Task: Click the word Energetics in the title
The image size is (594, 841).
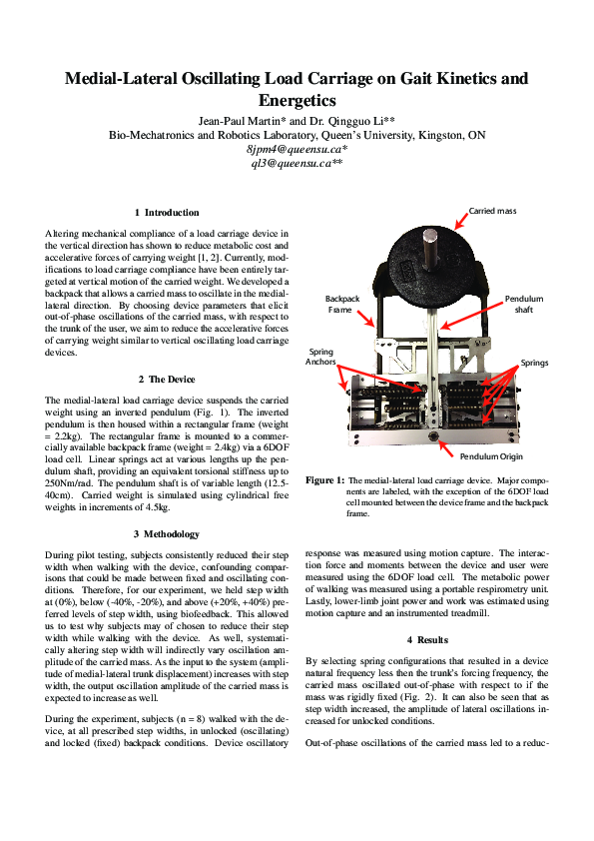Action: (x=297, y=100)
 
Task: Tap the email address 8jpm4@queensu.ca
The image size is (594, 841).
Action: (x=296, y=149)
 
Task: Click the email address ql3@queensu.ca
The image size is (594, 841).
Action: (x=296, y=163)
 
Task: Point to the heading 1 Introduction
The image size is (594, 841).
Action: (x=167, y=213)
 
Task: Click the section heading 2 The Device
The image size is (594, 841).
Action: (x=167, y=380)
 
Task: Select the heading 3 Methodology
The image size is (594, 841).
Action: (x=167, y=534)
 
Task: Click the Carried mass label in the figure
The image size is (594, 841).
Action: (x=492, y=212)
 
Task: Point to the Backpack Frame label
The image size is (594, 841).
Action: (x=340, y=305)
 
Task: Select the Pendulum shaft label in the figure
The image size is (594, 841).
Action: (x=524, y=305)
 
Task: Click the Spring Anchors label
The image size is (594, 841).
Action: (x=320, y=358)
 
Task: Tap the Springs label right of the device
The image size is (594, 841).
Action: (x=533, y=363)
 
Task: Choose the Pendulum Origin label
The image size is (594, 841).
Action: (x=491, y=456)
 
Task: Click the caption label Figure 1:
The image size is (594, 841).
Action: (x=324, y=480)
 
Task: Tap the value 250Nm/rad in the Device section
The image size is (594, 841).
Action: (x=70, y=483)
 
